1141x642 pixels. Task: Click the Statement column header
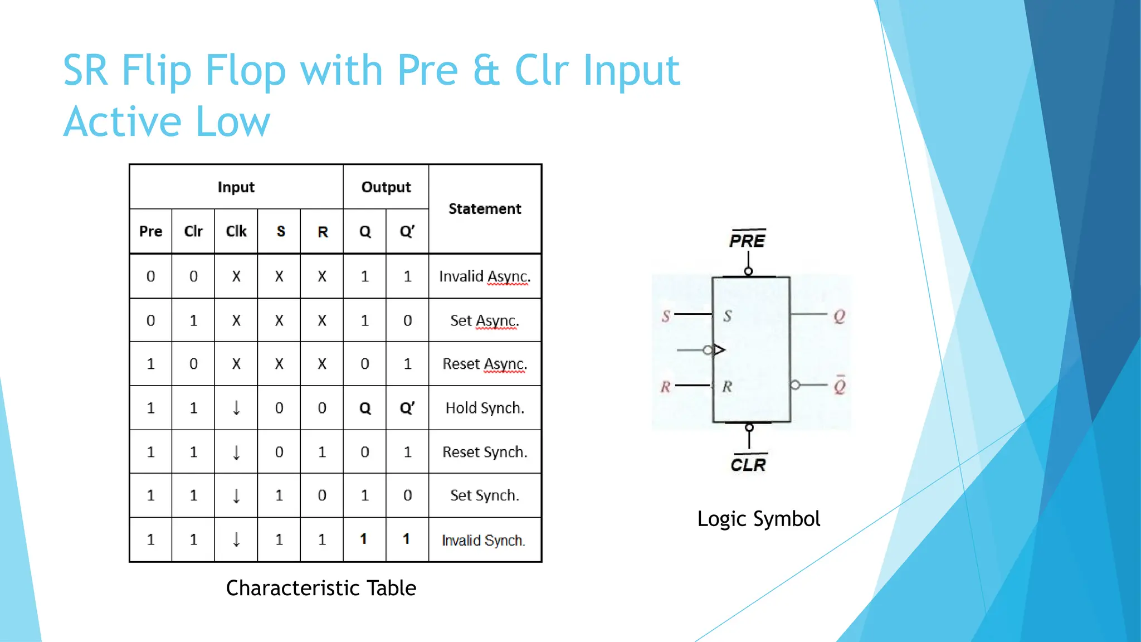coord(485,209)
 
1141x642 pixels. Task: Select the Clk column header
coord(236,231)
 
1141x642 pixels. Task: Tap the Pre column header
coord(150,231)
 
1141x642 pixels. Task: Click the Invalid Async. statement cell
coord(485,276)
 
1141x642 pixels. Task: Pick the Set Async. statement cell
coord(485,320)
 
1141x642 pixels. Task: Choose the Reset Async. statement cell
coord(485,364)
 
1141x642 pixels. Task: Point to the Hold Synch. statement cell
coord(485,408)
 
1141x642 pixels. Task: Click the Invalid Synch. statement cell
coord(484,540)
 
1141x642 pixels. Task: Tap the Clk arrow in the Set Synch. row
coord(236,495)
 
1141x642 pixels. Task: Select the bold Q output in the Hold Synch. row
coord(365,408)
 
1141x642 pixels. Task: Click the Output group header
coord(386,187)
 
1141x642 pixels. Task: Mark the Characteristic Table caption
coord(321,588)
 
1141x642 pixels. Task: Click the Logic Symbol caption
coord(758,519)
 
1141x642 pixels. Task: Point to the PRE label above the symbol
coord(748,241)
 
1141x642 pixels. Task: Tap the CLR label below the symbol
coord(748,465)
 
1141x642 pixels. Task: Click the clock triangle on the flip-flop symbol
coord(719,350)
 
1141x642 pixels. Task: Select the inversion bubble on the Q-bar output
coord(795,385)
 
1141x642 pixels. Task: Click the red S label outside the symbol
coord(666,317)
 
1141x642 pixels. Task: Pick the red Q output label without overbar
coord(839,317)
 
